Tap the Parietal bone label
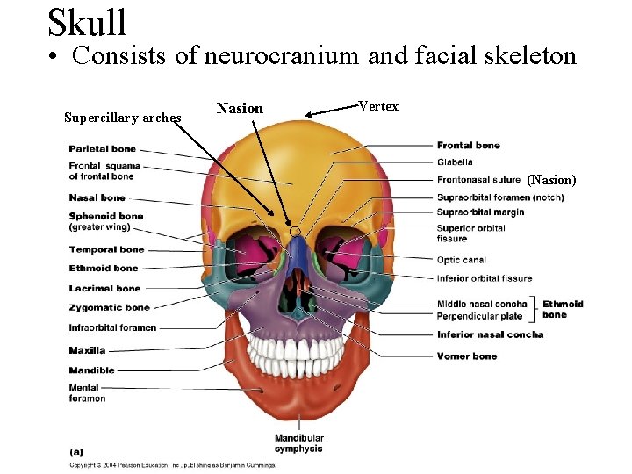point(102,149)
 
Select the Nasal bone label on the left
point(97,198)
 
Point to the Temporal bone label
point(106,249)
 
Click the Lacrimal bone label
point(104,288)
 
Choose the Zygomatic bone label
point(109,308)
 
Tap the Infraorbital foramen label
point(112,327)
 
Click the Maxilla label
point(87,350)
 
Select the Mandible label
point(91,370)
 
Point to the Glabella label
point(455,162)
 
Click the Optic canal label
point(461,261)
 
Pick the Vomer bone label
point(466,356)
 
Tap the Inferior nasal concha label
point(490,334)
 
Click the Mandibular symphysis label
point(298,443)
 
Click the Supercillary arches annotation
point(123,118)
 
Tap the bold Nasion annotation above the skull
point(240,109)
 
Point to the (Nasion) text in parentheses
point(551,180)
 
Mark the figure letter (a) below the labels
point(76,451)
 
